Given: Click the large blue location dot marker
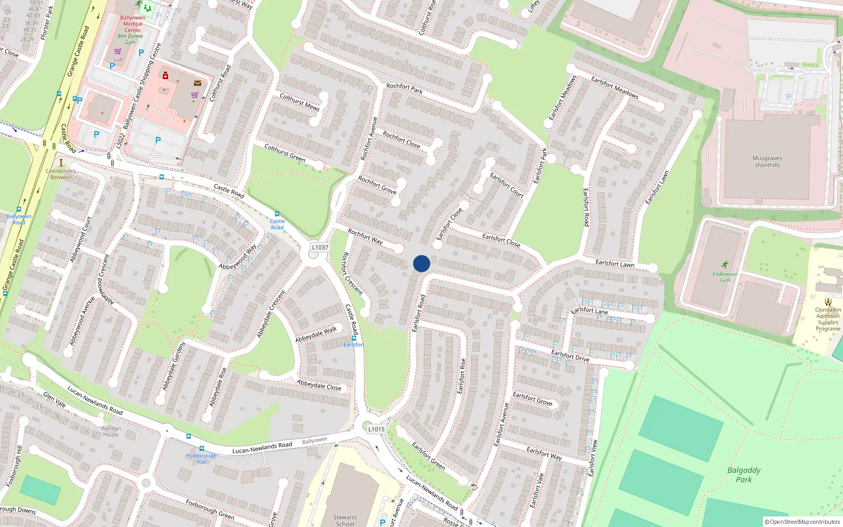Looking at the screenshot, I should tap(421, 263).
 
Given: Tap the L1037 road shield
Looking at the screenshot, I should tap(320, 247).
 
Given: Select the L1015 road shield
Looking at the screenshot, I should tap(376, 429).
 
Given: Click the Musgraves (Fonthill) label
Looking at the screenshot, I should tap(767, 161).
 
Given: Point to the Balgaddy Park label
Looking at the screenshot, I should tap(743, 475).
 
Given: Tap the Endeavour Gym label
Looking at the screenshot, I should tap(725, 277).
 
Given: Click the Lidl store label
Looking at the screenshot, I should tap(118, 60).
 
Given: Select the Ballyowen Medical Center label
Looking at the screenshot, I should tap(133, 24).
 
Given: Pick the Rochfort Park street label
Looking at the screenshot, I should tap(404, 88).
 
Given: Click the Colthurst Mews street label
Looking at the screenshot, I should tap(299, 102).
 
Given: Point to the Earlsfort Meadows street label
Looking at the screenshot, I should tap(614, 87).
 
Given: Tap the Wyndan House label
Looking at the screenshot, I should tap(111, 431).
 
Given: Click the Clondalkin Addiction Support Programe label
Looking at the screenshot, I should tap(828, 319).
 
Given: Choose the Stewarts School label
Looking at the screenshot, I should tap(345, 520).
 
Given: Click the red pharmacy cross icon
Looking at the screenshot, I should tap(165, 75).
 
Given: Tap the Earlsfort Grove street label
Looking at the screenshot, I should tap(532, 398).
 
